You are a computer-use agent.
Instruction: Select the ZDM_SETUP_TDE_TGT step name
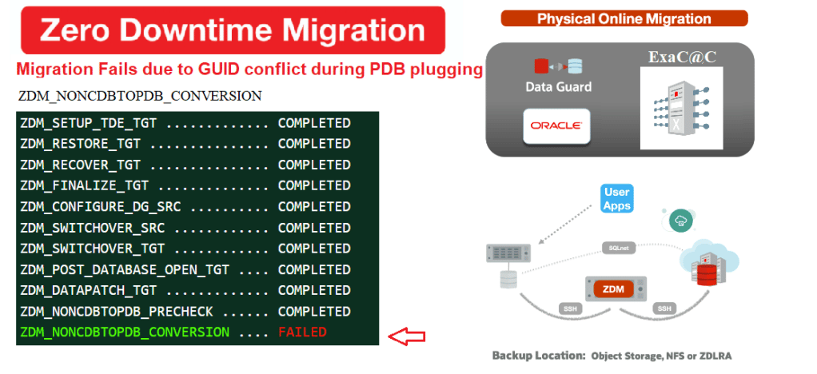pos(90,123)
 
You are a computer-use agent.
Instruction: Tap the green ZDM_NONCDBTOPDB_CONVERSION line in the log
pos(125,332)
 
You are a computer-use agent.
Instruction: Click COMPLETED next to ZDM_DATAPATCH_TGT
pos(313,290)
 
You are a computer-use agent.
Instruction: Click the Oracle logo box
pos(556,125)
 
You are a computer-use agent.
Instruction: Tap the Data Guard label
pos(558,86)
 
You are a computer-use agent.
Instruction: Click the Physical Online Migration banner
pos(624,18)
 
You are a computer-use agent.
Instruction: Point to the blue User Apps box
pos(617,198)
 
